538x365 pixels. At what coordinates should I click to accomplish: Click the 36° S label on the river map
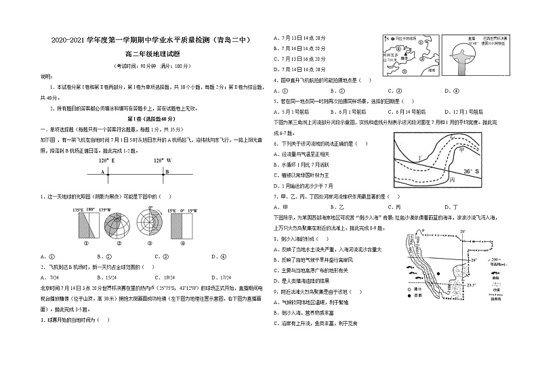point(471,171)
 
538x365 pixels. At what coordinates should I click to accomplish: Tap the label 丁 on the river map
point(420,158)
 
